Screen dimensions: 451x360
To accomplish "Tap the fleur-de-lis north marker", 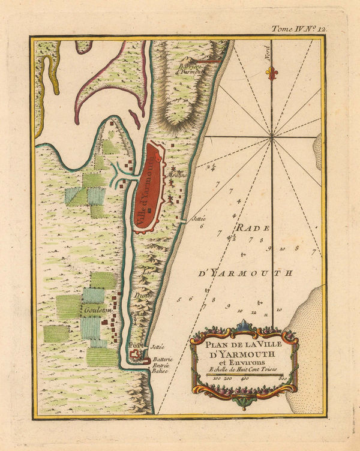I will point(273,73).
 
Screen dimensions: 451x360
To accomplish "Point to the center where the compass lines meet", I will point(273,137).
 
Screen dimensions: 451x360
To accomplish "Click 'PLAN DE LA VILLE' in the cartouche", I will point(244,344).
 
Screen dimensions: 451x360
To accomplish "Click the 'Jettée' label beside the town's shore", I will point(199,220).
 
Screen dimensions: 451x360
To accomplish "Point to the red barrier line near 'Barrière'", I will point(210,61).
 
